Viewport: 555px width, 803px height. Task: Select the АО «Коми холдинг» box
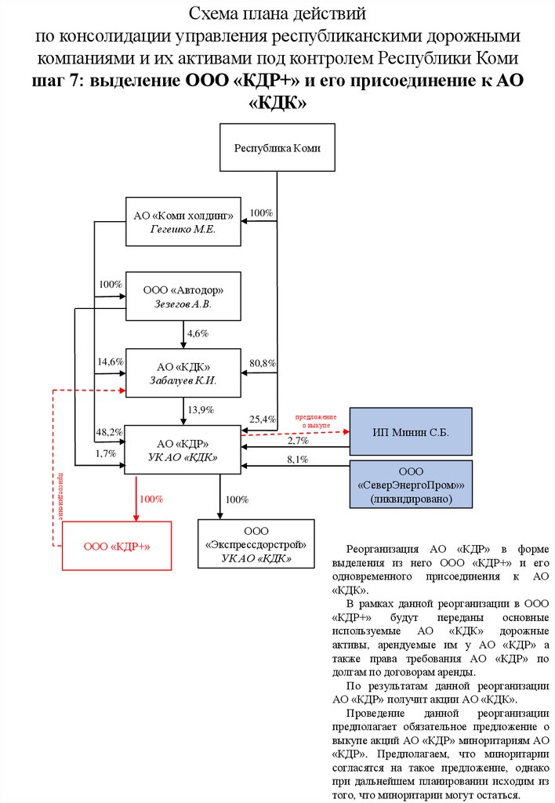coord(183,221)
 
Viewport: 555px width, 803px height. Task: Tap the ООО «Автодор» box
coord(183,296)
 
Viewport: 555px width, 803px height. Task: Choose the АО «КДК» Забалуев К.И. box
coord(183,373)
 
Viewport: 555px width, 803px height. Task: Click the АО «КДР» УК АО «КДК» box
coord(183,449)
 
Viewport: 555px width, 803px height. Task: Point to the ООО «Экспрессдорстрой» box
coord(256,543)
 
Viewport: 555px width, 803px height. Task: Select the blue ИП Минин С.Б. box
coord(410,432)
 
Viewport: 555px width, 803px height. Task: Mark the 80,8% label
coord(262,363)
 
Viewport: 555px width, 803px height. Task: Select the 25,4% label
coord(262,420)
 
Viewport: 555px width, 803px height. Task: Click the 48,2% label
coord(109,432)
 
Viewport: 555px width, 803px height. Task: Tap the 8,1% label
coord(297,459)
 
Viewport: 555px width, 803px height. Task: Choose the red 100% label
coord(151,499)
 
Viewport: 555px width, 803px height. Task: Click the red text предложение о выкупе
coord(316,420)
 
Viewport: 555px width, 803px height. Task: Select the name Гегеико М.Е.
coord(183,229)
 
